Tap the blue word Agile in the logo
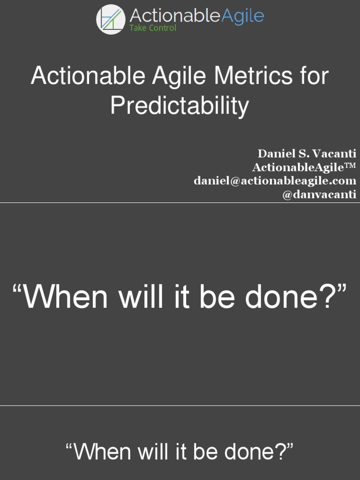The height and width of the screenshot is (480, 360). coord(242,15)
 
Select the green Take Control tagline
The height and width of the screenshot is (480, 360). coord(153,28)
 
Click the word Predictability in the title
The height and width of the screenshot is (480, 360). coord(180,105)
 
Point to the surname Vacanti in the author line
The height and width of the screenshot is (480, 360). coord(335,153)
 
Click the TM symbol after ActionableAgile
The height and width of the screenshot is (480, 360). coord(351,165)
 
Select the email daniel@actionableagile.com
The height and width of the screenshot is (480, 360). coord(275,180)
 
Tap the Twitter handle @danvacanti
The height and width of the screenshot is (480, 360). coord(319,194)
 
